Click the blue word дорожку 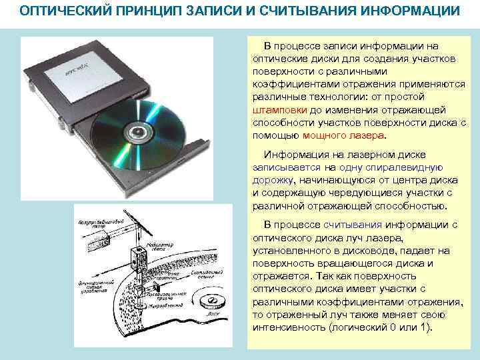[273, 180]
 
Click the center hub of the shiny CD [139, 131]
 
